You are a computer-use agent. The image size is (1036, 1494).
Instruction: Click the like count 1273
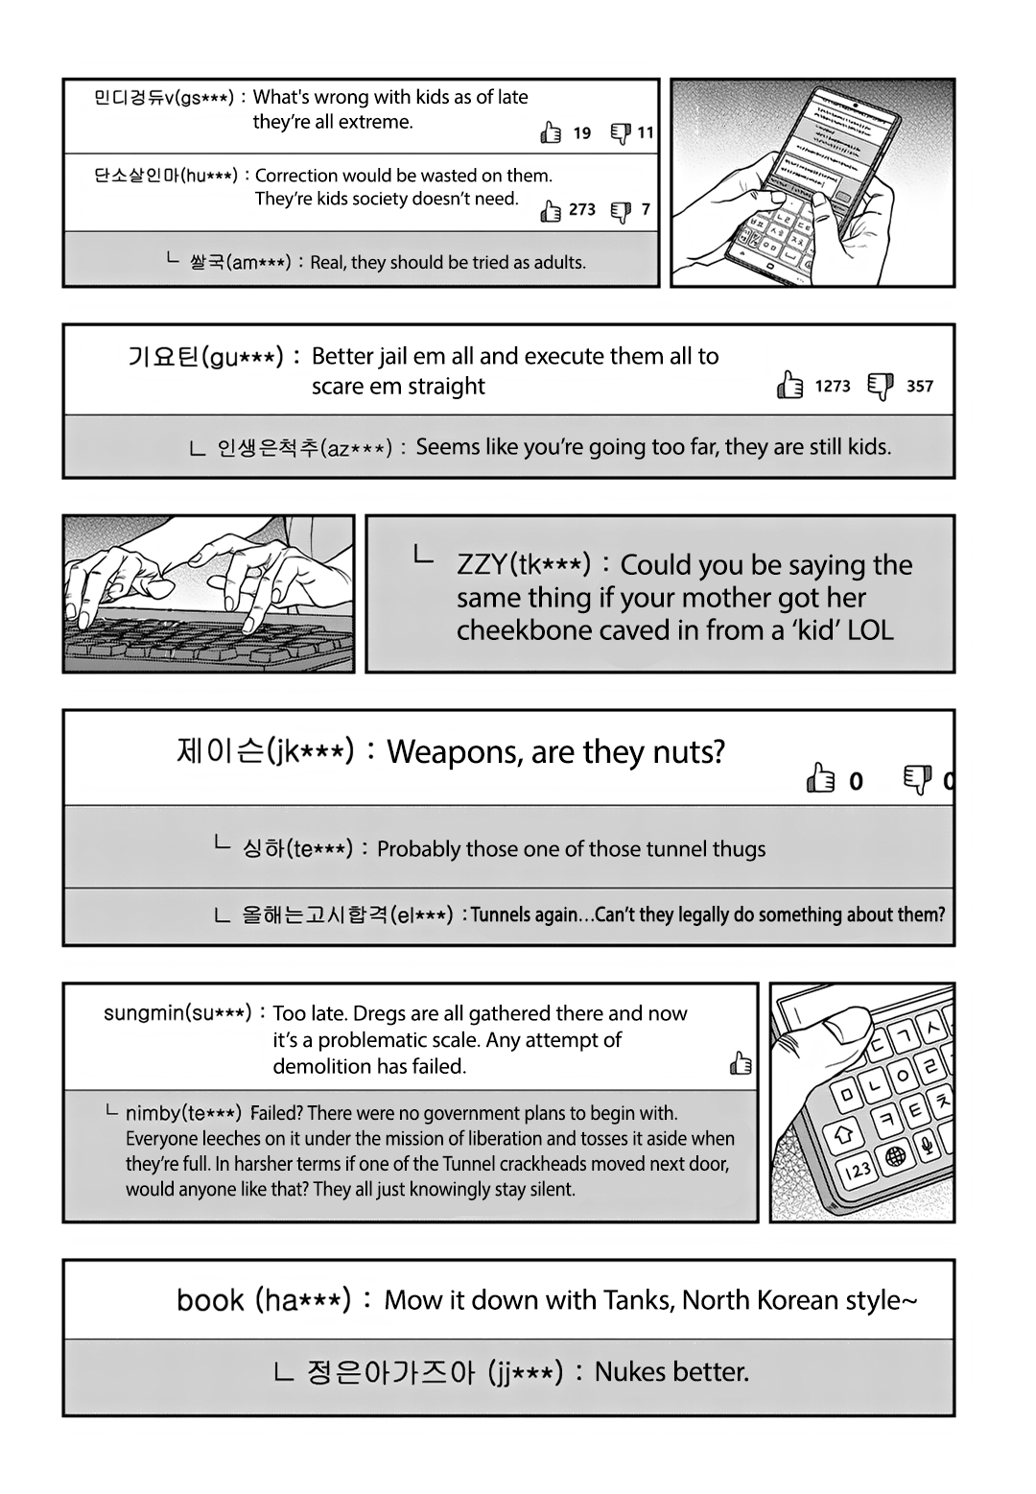832,386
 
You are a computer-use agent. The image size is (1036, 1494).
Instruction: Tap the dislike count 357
919,386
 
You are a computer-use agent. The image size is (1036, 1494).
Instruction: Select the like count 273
581,209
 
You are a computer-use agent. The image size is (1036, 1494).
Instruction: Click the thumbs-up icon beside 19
551,132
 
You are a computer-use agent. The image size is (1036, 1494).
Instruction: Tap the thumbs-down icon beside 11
621,132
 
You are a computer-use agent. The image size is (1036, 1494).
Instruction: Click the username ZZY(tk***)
523,565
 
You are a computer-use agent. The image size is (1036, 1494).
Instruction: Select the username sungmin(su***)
177,1013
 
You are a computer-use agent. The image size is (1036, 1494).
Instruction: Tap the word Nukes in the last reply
630,1372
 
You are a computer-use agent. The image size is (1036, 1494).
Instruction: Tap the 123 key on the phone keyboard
858,1169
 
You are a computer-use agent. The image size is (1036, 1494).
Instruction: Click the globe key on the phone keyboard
896,1155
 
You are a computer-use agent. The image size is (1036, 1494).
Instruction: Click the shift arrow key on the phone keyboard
844,1133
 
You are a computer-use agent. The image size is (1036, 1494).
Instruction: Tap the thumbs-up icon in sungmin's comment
741,1063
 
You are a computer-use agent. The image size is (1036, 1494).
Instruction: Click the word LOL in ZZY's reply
870,630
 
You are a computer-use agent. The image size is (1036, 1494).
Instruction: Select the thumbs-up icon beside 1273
789,386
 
